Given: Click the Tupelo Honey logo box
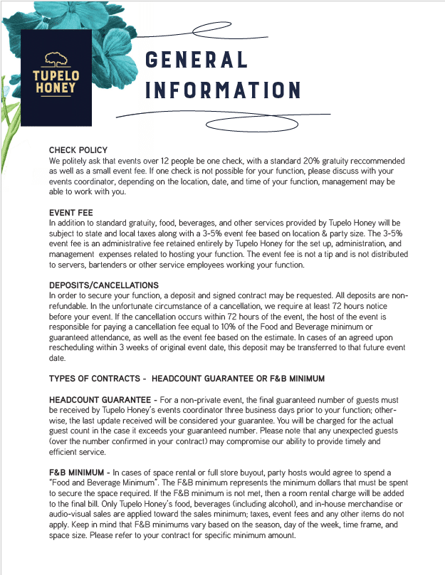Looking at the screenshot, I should click(56, 78).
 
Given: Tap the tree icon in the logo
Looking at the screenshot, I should click(56, 60).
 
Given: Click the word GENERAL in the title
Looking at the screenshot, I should click(197, 60).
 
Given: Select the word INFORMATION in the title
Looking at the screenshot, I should click(223, 90).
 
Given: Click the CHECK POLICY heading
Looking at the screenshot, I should click(78, 150).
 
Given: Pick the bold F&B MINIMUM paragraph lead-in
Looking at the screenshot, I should click(78, 473).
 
